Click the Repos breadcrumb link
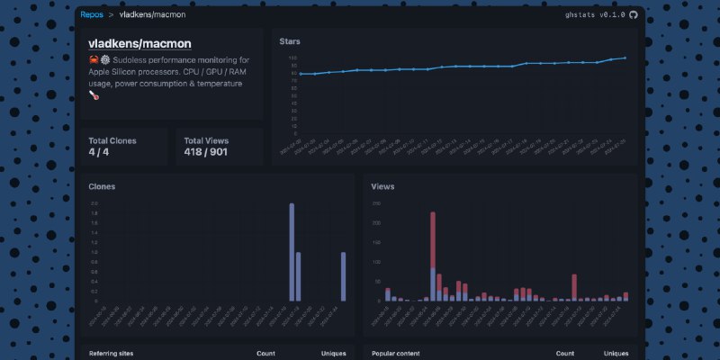(x=91, y=15)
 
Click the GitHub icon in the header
(x=633, y=15)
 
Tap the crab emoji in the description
(x=94, y=60)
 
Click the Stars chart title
(x=290, y=41)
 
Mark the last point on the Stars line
(x=625, y=58)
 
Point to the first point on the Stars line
(x=301, y=74)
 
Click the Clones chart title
(x=102, y=186)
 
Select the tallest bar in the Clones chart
(x=292, y=252)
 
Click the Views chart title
(x=382, y=186)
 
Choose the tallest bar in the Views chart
(x=433, y=256)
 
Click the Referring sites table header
(x=111, y=354)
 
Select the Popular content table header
(x=395, y=354)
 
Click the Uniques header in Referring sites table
(x=333, y=354)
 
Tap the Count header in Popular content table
(x=565, y=354)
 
